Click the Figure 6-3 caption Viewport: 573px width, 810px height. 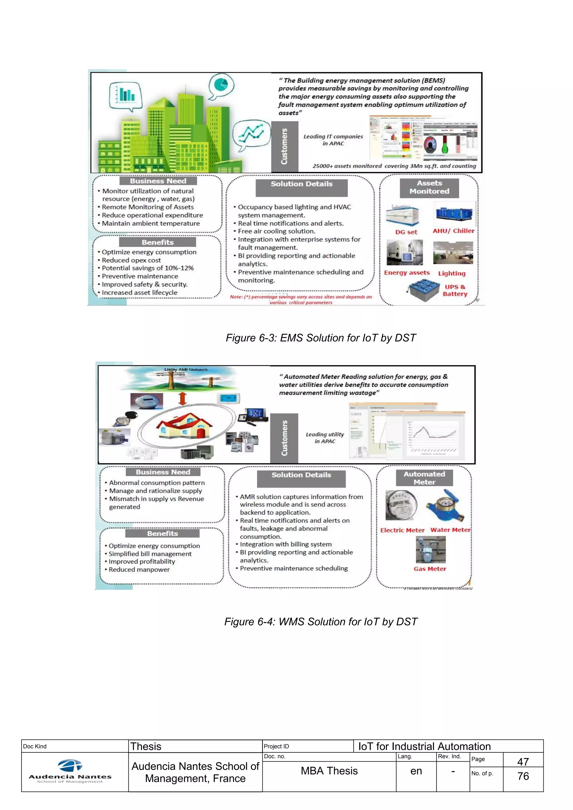click(321, 338)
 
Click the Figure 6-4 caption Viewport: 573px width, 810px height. click(321, 621)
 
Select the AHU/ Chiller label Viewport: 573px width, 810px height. click(453, 231)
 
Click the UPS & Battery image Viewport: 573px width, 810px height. click(423, 290)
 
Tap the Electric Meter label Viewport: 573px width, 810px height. click(402, 530)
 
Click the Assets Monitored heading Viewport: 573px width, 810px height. click(429, 187)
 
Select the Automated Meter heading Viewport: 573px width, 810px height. click(424, 478)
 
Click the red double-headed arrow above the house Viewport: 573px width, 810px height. click(182, 398)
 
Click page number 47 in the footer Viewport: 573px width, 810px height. click(523, 762)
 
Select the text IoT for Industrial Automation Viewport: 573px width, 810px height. click(424, 746)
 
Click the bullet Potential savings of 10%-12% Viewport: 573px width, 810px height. click(147, 268)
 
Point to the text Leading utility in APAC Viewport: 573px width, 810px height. click(325, 438)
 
